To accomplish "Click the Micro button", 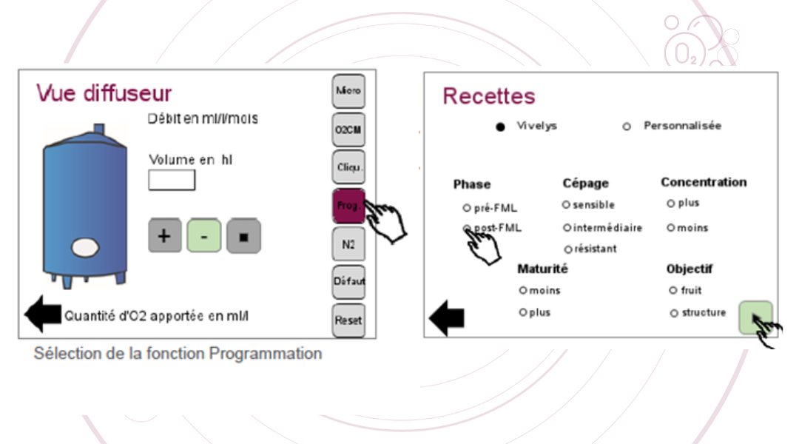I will (348, 91).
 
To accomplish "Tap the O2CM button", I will (348, 129).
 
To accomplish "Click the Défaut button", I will (348, 282).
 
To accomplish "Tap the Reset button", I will (348, 320).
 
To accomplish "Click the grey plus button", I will (165, 236).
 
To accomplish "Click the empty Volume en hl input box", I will (172, 180).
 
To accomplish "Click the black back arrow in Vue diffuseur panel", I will (43, 314).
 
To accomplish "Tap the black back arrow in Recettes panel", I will (447, 318).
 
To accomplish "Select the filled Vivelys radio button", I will (501, 127).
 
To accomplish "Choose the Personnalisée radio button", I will (627, 127).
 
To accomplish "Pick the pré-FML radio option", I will (467, 208).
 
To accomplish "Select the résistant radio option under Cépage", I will (567, 249).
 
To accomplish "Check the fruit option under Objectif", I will (672, 291).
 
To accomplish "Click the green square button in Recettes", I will (755, 317).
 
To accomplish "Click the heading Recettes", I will (488, 96).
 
